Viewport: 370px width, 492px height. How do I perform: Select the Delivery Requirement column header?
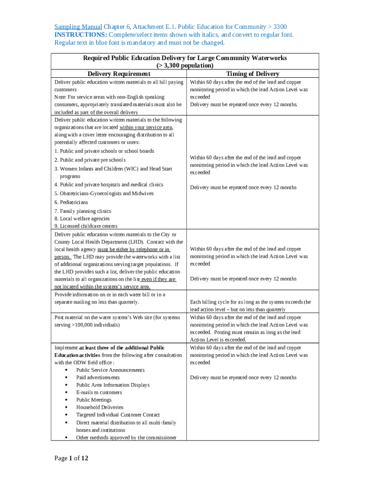[119, 74]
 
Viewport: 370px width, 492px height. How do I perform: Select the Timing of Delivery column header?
[253, 74]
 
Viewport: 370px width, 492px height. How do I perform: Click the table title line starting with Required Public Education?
[185, 58]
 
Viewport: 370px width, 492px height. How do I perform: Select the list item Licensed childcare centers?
[86, 226]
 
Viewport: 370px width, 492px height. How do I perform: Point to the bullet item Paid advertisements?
[98, 378]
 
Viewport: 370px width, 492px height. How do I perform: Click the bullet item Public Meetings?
[94, 400]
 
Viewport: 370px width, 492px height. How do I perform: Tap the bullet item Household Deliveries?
[99, 407]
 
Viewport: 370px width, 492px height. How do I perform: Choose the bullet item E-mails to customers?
[99, 393]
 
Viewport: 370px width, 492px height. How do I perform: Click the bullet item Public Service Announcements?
[110, 370]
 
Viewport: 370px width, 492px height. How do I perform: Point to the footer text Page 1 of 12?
[71, 458]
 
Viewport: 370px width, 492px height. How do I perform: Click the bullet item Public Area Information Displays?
[112, 385]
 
